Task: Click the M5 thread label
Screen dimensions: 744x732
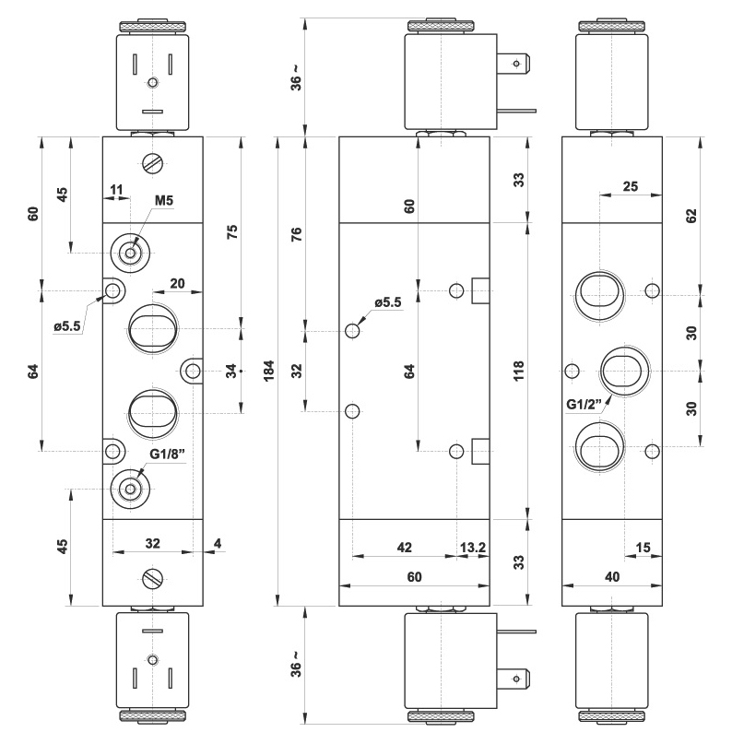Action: (x=164, y=201)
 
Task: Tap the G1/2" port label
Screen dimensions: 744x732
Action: (x=584, y=403)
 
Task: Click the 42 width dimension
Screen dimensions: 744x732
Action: (x=403, y=548)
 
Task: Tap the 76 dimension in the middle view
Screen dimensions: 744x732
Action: (x=296, y=236)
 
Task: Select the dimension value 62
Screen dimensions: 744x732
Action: (x=691, y=216)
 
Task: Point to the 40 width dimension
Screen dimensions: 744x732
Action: (x=612, y=576)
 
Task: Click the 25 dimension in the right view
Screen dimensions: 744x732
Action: (x=631, y=186)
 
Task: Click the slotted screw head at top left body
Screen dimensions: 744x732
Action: (x=153, y=164)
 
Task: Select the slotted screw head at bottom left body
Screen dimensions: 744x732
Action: (x=153, y=578)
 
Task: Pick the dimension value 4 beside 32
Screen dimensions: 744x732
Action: (x=217, y=544)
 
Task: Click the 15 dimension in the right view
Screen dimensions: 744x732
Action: (x=643, y=548)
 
